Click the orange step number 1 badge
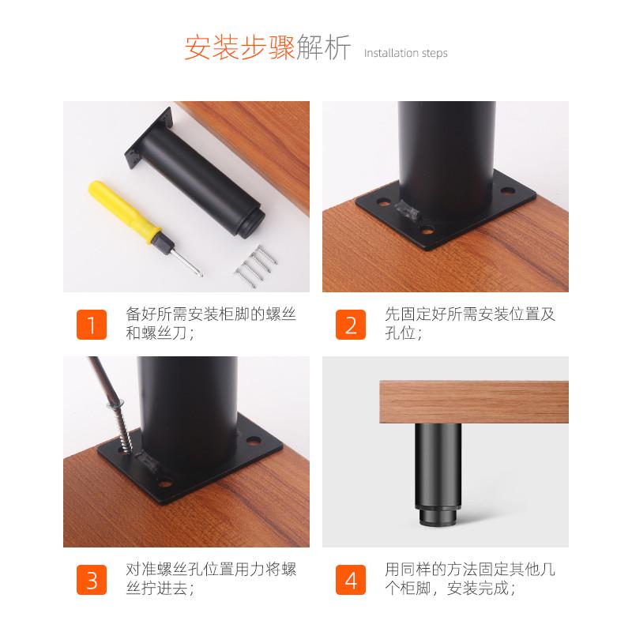[92, 324]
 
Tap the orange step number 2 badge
[351, 324]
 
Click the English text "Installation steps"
[405, 53]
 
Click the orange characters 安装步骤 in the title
[239, 47]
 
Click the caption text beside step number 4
[469, 578]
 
